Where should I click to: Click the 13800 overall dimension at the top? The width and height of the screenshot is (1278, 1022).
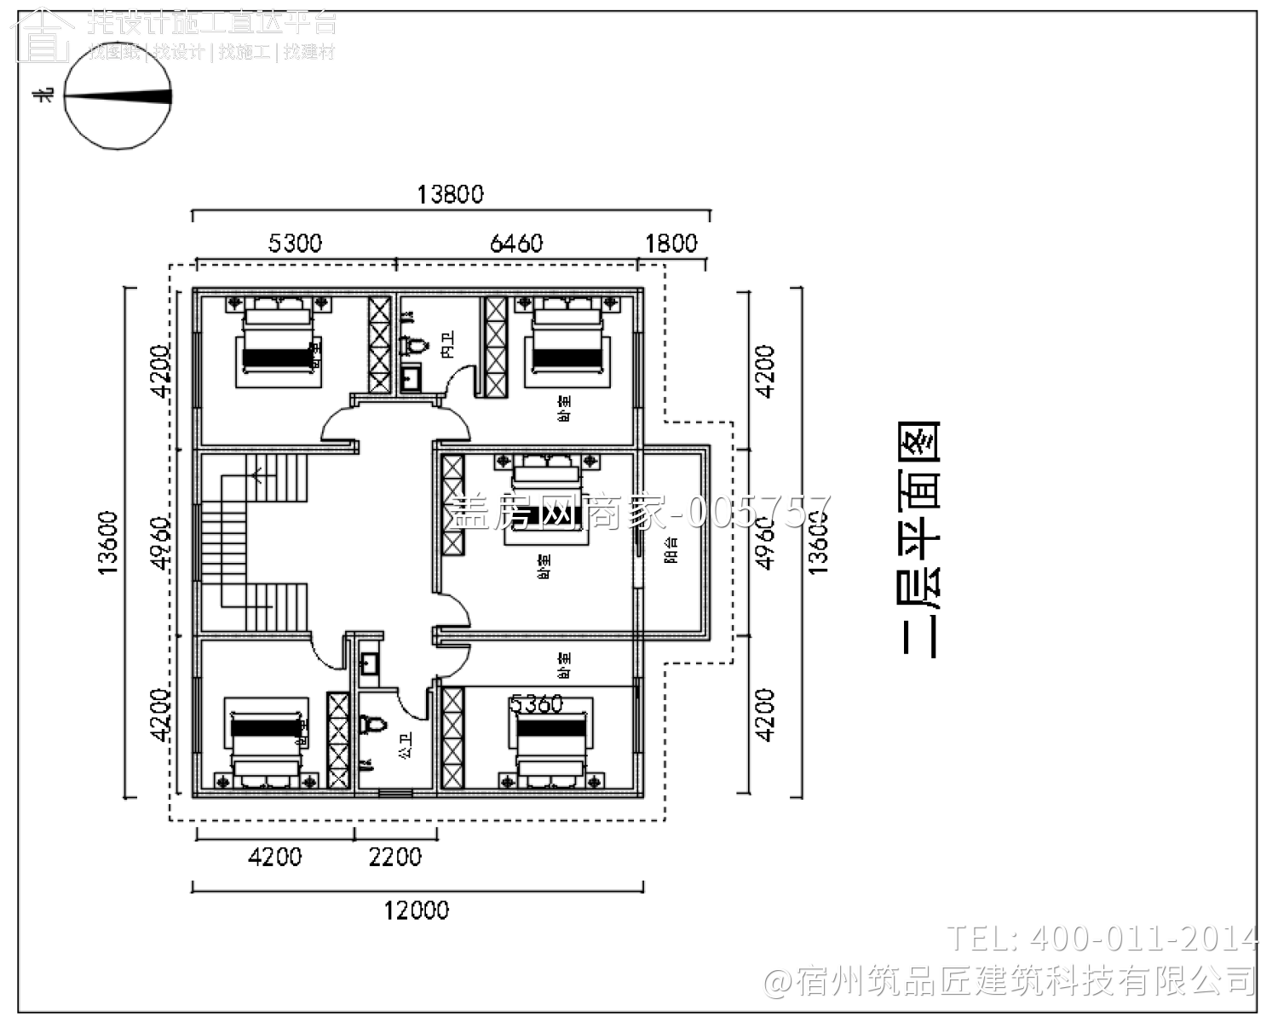pyautogui.click(x=450, y=194)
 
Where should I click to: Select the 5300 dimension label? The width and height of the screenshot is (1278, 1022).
pyautogui.click(x=295, y=244)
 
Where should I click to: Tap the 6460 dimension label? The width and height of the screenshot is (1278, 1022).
pyautogui.click(x=516, y=244)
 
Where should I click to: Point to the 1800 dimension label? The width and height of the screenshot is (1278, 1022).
pyautogui.click(x=671, y=244)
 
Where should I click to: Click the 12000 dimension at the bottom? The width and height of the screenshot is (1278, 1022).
pyautogui.click(x=416, y=910)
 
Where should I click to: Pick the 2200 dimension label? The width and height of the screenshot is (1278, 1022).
pyautogui.click(x=395, y=857)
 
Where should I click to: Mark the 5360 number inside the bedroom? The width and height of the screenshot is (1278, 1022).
pyautogui.click(x=537, y=704)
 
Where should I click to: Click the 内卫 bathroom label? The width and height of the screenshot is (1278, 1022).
pyautogui.click(x=448, y=344)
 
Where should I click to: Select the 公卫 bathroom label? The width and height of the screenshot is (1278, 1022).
pyautogui.click(x=406, y=746)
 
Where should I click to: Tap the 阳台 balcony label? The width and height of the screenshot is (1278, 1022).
pyautogui.click(x=671, y=549)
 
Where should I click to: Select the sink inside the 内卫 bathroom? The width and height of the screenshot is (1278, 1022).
pyautogui.click(x=410, y=377)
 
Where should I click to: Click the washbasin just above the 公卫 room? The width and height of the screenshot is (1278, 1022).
pyautogui.click(x=370, y=663)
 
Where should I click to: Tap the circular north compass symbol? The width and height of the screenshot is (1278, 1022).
pyautogui.click(x=118, y=96)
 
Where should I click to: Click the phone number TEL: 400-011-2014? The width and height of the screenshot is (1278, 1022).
pyautogui.click(x=1102, y=939)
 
